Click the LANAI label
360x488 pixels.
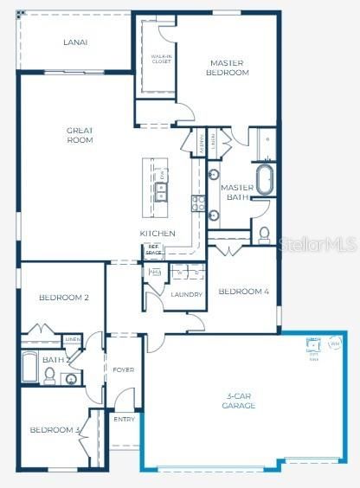coord(75,42)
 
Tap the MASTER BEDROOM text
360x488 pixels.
coord(228,67)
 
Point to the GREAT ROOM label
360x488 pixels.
coord(80,135)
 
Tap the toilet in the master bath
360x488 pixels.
coord(264,234)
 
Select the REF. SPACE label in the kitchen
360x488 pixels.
coord(154,250)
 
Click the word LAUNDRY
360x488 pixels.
coord(186,295)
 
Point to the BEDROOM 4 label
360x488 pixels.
coord(243,292)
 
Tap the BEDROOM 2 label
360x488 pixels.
coord(64,298)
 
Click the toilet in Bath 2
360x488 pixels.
coord(50,376)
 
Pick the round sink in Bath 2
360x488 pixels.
coord(71,379)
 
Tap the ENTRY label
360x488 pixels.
coord(125,419)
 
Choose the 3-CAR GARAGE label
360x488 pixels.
coord(238,401)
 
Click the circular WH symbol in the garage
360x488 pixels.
coord(334,344)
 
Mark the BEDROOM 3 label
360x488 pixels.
coord(55,430)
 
